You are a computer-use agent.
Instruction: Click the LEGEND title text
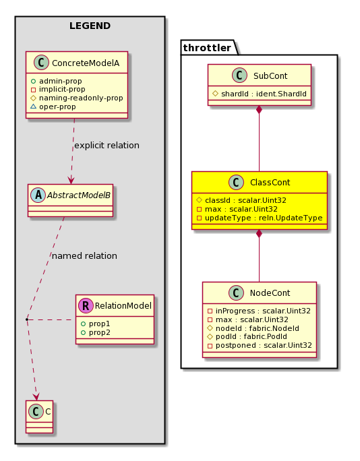[x=90, y=26]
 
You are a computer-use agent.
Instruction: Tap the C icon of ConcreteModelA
[x=41, y=62]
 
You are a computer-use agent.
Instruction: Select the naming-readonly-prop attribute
[x=81, y=98]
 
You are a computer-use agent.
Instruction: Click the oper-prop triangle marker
[x=33, y=106]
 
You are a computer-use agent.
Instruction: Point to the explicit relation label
[x=107, y=145]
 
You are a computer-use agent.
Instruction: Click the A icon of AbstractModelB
[x=38, y=195]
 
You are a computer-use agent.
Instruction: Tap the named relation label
[x=84, y=256]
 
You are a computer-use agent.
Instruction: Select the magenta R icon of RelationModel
[x=86, y=305]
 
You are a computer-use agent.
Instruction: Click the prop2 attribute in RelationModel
[x=99, y=332]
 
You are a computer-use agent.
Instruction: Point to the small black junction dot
[x=27, y=319]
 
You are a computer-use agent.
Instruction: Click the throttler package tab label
[x=207, y=48]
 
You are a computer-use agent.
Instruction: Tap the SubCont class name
[x=270, y=76]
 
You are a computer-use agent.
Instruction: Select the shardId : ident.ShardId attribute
[x=264, y=94]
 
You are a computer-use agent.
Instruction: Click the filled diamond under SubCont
[x=259, y=110]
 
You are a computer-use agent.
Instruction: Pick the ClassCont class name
[x=270, y=183]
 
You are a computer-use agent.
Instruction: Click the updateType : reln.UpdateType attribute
[x=264, y=218]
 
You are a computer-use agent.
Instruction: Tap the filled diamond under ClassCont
[x=259, y=234]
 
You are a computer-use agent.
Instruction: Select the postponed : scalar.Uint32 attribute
[x=264, y=345]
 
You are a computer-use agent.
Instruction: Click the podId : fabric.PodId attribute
[x=251, y=336]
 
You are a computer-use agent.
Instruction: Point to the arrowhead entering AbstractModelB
[x=71, y=180]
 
